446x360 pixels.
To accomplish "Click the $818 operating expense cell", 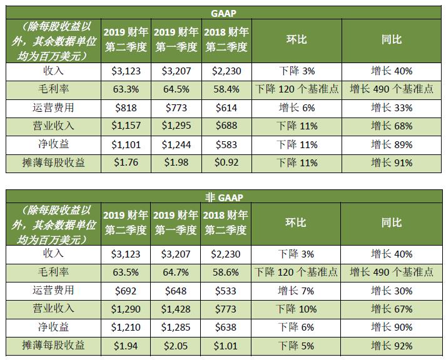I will pos(126,107).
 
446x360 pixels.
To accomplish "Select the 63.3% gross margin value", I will pos(126,89).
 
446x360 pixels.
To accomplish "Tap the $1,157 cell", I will pos(126,126).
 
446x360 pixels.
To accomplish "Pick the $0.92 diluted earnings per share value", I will pos(226,163).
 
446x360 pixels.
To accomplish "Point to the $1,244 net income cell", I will pos(176,145).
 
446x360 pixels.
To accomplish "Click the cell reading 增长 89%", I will pos(392,145).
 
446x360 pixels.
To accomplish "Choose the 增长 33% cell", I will pos(392,107).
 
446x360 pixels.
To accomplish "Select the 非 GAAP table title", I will pos(223,197).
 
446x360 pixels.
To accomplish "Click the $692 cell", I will pos(126,291).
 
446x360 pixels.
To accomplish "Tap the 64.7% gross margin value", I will pos(176,272).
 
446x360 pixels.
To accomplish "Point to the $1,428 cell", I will pos(176,309).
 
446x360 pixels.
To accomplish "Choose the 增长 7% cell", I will pos(297,291).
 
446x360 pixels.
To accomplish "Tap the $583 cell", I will pos(226,145).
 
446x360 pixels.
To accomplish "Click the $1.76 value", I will pos(126,163).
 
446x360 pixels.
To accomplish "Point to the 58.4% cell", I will pos(226,89).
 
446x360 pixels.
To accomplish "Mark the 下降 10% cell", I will pos(297,309).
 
